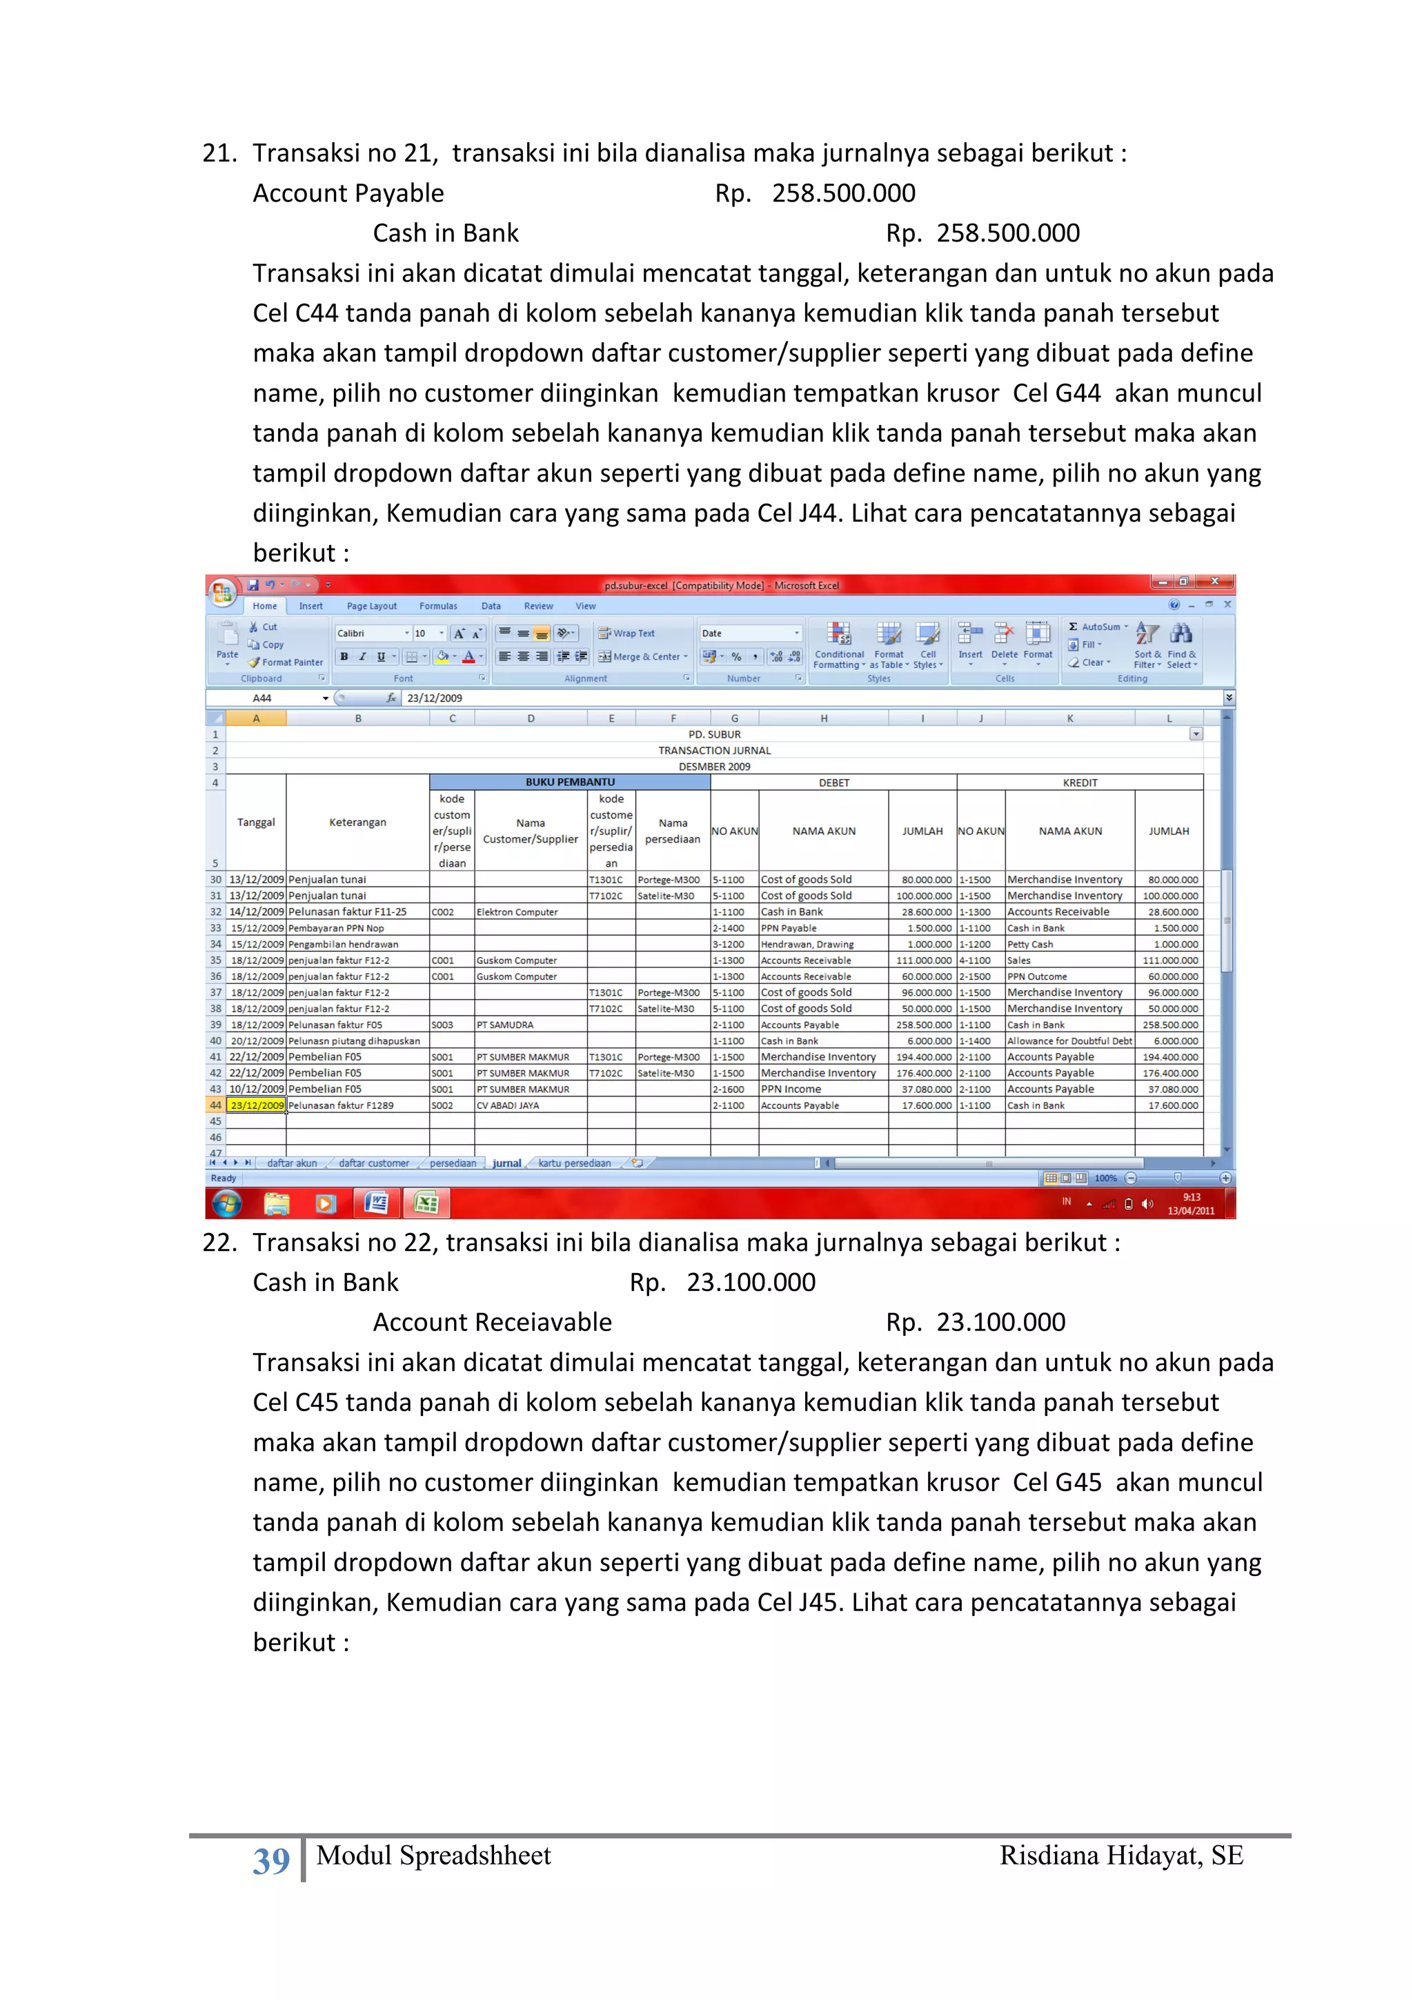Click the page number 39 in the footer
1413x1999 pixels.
click(x=270, y=1860)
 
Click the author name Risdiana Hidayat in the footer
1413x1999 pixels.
click(x=1120, y=1855)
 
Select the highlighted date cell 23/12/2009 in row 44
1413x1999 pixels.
click(x=256, y=1105)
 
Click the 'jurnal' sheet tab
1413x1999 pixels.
click(x=506, y=1163)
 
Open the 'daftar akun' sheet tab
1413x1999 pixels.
click(x=292, y=1163)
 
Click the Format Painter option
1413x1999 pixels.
click(x=286, y=662)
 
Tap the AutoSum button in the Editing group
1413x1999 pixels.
click(x=1098, y=627)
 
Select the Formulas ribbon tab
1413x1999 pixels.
click(x=438, y=606)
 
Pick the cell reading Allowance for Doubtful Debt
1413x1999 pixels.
click(x=1069, y=1041)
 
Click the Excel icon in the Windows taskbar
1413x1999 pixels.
click(x=426, y=1203)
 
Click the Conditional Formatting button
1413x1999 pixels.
click(x=838, y=645)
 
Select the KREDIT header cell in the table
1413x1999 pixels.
click(x=1080, y=782)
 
